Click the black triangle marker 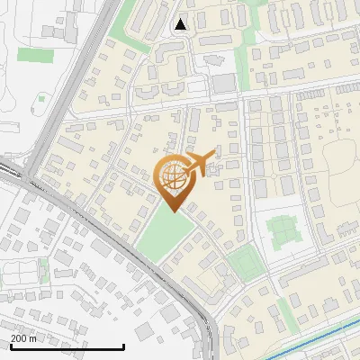click(x=181, y=24)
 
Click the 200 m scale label click(x=23, y=338)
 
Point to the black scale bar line click(x=67, y=346)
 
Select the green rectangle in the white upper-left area click(x=35, y=55)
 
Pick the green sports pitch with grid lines click(x=283, y=230)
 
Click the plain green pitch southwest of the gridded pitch click(x=243, y=263)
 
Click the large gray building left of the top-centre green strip click(x=222, y=84)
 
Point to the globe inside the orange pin click(x=174, y=174)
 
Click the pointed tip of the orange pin click(x=174, y=211)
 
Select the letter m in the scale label click(x=33, y=338)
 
